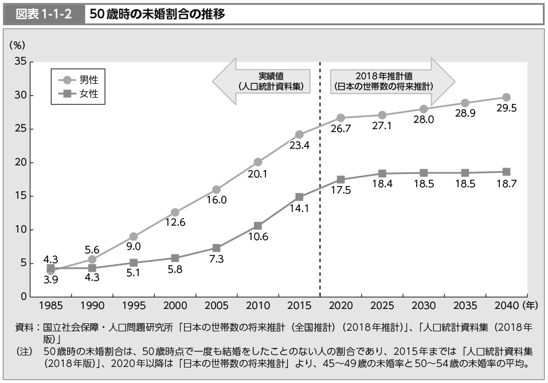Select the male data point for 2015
coord(299,135)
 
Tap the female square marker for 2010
coord(258,226)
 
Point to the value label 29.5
coord(506,109)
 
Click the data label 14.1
coord(299,208)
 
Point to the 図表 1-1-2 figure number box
coord(44,14)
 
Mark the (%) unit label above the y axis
coord(17,44)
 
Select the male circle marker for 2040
coord(506,97)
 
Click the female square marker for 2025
coord(382,173)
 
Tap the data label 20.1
coord(257,174)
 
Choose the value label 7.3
coord(216,259)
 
